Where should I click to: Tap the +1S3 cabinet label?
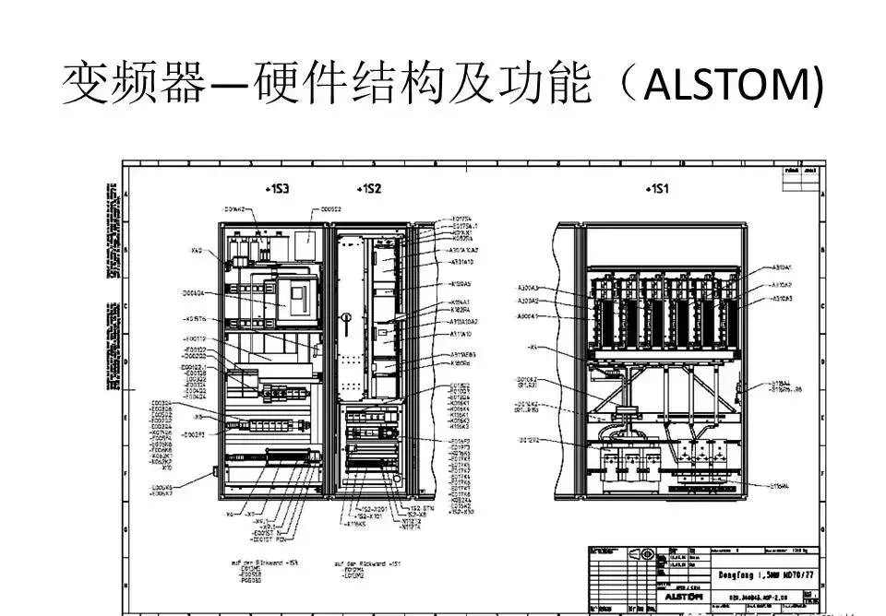(277, 189)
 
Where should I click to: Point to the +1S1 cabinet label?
(658, 189)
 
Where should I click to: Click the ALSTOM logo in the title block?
(686, 598)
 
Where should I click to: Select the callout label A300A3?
(529, 288)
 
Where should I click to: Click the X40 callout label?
(197, 251)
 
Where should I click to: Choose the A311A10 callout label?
(462, 336)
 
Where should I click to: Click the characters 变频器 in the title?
(132, 85)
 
